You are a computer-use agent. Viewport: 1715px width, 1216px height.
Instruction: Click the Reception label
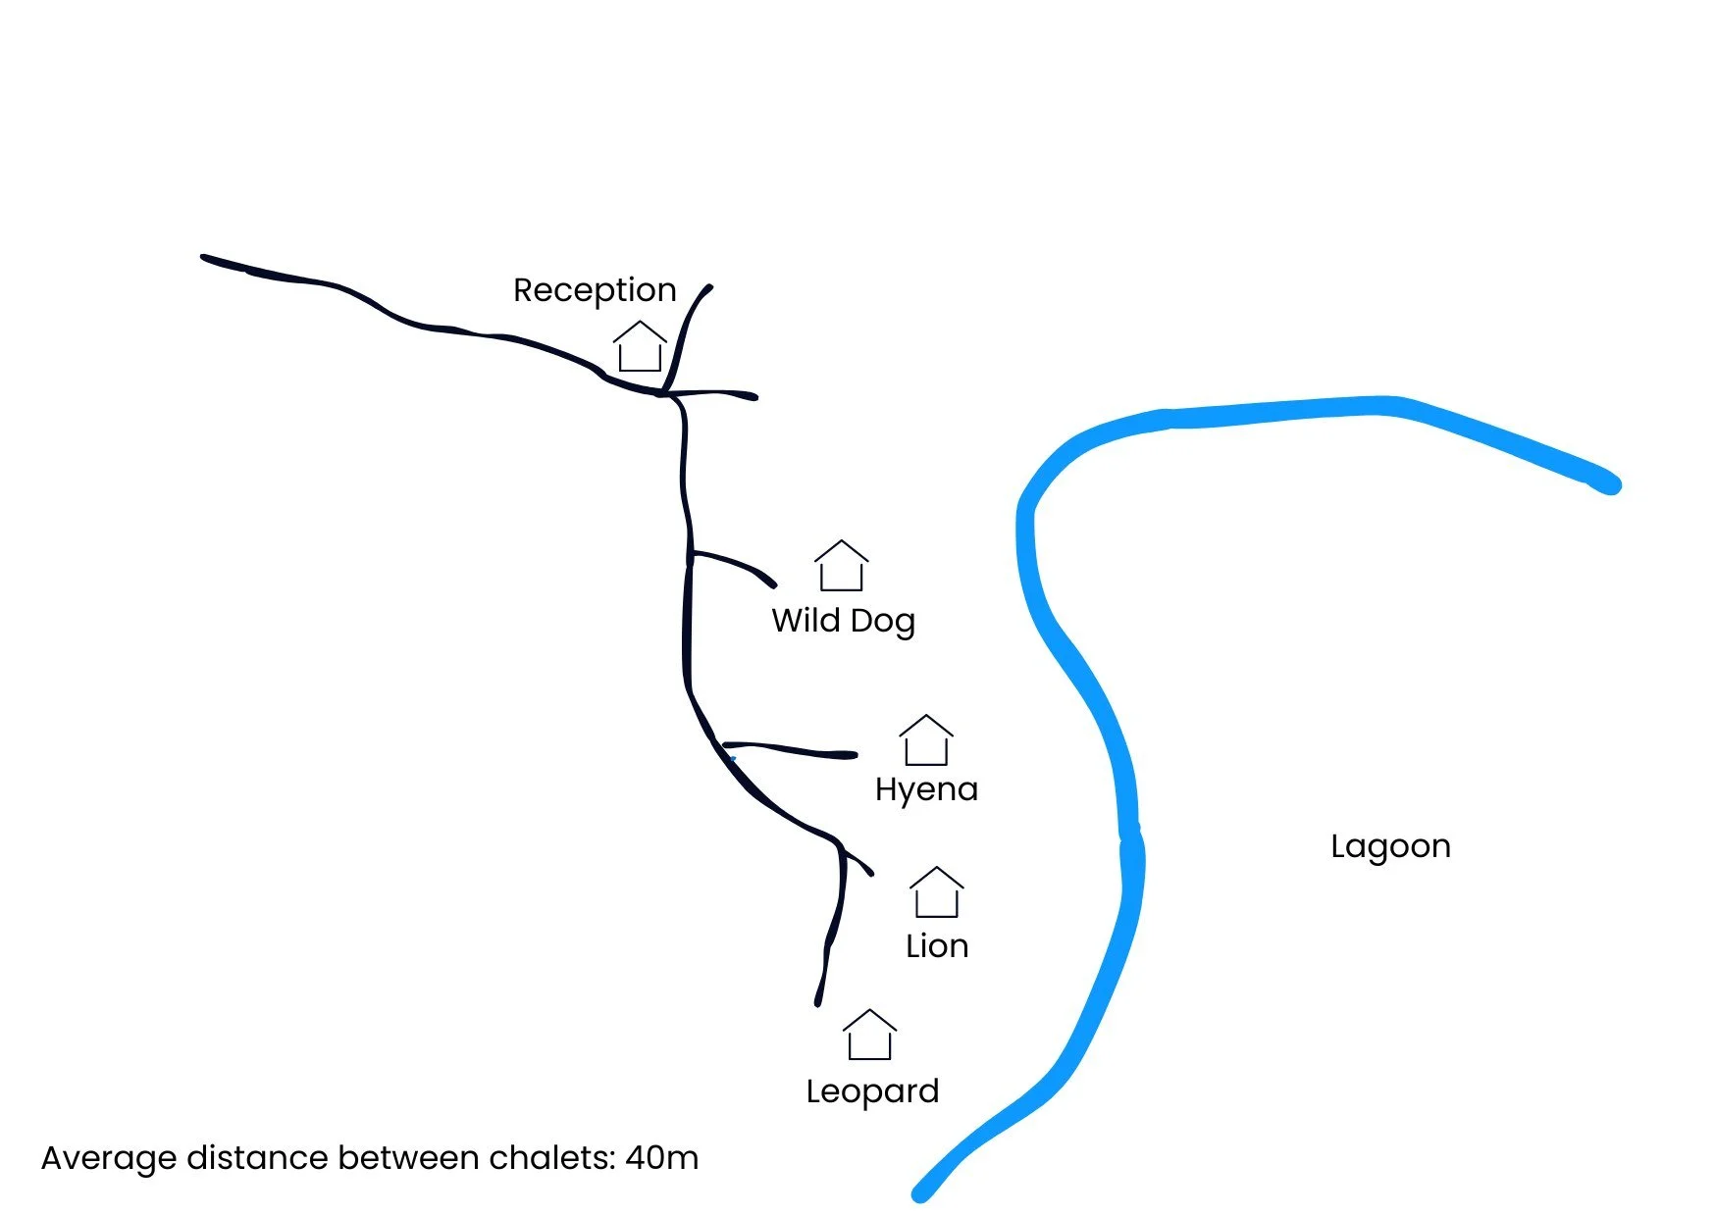pos(595,290)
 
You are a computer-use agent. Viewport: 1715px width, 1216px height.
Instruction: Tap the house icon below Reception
pos(640,347)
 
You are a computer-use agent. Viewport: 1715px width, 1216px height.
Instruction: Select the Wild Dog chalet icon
pos(841,566)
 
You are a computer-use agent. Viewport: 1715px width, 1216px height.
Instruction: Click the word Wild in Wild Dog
pos(806,621)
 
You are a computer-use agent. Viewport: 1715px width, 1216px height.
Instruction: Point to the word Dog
pos(882,622)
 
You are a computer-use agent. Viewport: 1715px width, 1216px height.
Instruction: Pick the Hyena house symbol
pos(926,740)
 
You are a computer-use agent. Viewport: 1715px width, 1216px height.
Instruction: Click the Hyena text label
pos(926,790)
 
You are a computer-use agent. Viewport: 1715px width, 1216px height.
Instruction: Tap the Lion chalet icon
pos(936,892)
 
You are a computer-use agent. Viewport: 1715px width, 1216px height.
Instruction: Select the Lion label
pos(937,946)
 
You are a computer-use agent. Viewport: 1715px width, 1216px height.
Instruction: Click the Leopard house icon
pos(869,1036)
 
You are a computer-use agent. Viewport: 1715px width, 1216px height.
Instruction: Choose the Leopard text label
pos(872,1091)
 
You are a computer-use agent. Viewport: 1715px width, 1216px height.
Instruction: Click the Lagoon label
pos(1390,846)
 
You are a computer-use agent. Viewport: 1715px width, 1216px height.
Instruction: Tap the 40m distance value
pos(662,1158)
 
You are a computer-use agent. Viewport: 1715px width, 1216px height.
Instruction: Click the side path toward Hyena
pos(795,751)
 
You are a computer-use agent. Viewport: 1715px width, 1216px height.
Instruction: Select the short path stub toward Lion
pos(858,863)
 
